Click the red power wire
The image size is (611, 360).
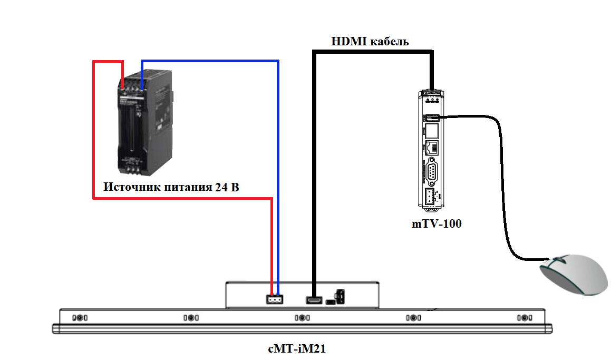94,132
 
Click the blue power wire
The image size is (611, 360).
278,158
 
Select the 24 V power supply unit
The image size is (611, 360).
143,127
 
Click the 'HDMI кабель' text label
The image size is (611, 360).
370,41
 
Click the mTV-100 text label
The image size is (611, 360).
436,223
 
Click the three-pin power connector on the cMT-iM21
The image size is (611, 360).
274,299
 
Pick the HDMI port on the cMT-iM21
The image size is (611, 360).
314,300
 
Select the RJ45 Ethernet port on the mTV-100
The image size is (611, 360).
431,148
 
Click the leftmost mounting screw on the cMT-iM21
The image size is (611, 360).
79,318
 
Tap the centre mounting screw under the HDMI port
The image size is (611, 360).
301,318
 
